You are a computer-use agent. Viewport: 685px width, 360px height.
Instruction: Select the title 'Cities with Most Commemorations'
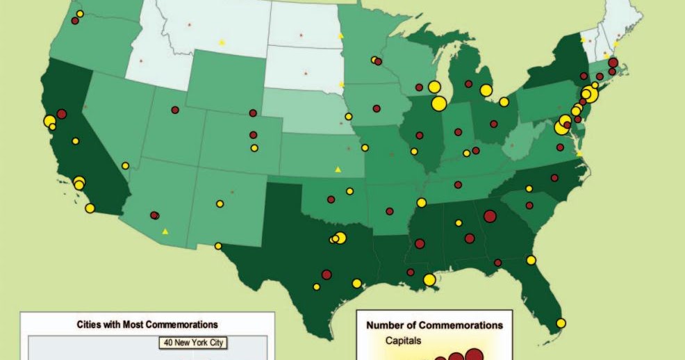pyautogui.click(x=147, y=324)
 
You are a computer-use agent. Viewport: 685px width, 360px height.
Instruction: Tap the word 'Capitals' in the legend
pyautogui.click(x=403, y=341)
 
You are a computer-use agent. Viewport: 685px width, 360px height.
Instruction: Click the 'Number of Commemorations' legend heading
pyautogui.click(x=434, y=325)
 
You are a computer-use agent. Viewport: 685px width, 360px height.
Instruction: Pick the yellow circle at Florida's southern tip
pyautogui.click(x=561, y=322)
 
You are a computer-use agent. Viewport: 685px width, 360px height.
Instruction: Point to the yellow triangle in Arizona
pyautogui.click(x=165, y=231)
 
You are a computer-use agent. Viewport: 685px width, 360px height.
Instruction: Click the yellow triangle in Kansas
pyautogui.click(x=338, y=169)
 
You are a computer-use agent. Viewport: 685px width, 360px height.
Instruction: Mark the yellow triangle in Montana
pyautogui.click(x=222, y=42)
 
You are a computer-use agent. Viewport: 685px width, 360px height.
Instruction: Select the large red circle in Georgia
pyautogui.click(x=490, y=216)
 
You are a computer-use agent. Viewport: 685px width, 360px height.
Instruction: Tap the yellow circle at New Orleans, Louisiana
pyautogui.click(x=429, y=279)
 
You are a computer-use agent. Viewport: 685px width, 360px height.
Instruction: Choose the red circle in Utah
pyautogui.click(x=175, y=110)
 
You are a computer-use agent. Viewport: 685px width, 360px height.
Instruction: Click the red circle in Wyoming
pyautogui.click(x=252, y=113)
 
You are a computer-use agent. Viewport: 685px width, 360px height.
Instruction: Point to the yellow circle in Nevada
pyautogui.click(x=125, y=165)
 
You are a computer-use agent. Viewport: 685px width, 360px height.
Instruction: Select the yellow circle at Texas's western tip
pyautogui.click(x=218, y=246)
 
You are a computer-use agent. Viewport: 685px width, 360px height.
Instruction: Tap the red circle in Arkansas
pyautogui.click(x=389, y=211)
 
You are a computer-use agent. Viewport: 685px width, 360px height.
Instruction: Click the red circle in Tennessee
pyautogui.click(x=458, y=185)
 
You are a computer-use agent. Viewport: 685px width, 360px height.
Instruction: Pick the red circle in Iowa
pyautogui.click(x=376, y=108)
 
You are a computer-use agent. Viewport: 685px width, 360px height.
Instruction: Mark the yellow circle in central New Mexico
pyautogui.click(x=220, y=204)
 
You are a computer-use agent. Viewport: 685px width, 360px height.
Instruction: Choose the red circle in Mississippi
pyautogui.click(x=420, y=243)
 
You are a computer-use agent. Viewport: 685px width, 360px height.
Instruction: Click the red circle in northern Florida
pyautogui.click(x=498, y=263)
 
